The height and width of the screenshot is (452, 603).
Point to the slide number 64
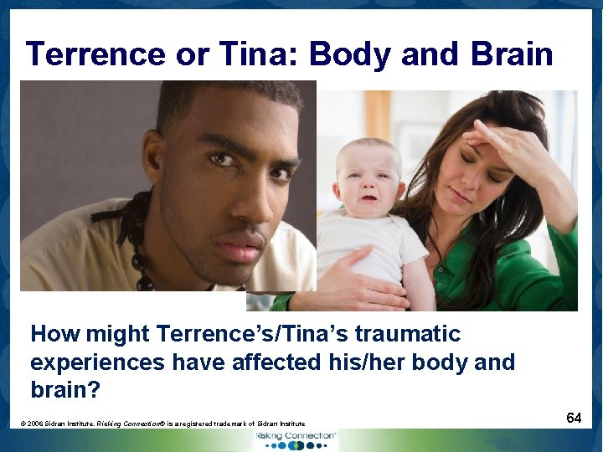574,417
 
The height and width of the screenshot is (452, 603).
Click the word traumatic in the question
408,334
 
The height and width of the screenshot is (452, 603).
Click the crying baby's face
368,182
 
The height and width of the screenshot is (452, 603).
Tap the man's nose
248,200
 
